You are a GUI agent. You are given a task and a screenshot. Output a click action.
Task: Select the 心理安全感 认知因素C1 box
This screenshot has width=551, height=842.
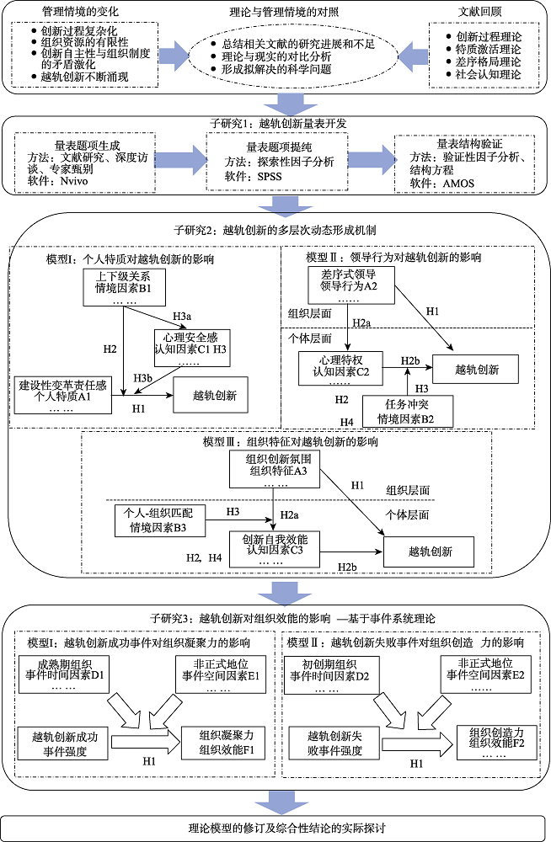click(x=187, y=344)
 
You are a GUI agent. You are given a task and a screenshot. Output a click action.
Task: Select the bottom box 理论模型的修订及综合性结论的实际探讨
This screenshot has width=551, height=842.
click(x=275, y=828)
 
